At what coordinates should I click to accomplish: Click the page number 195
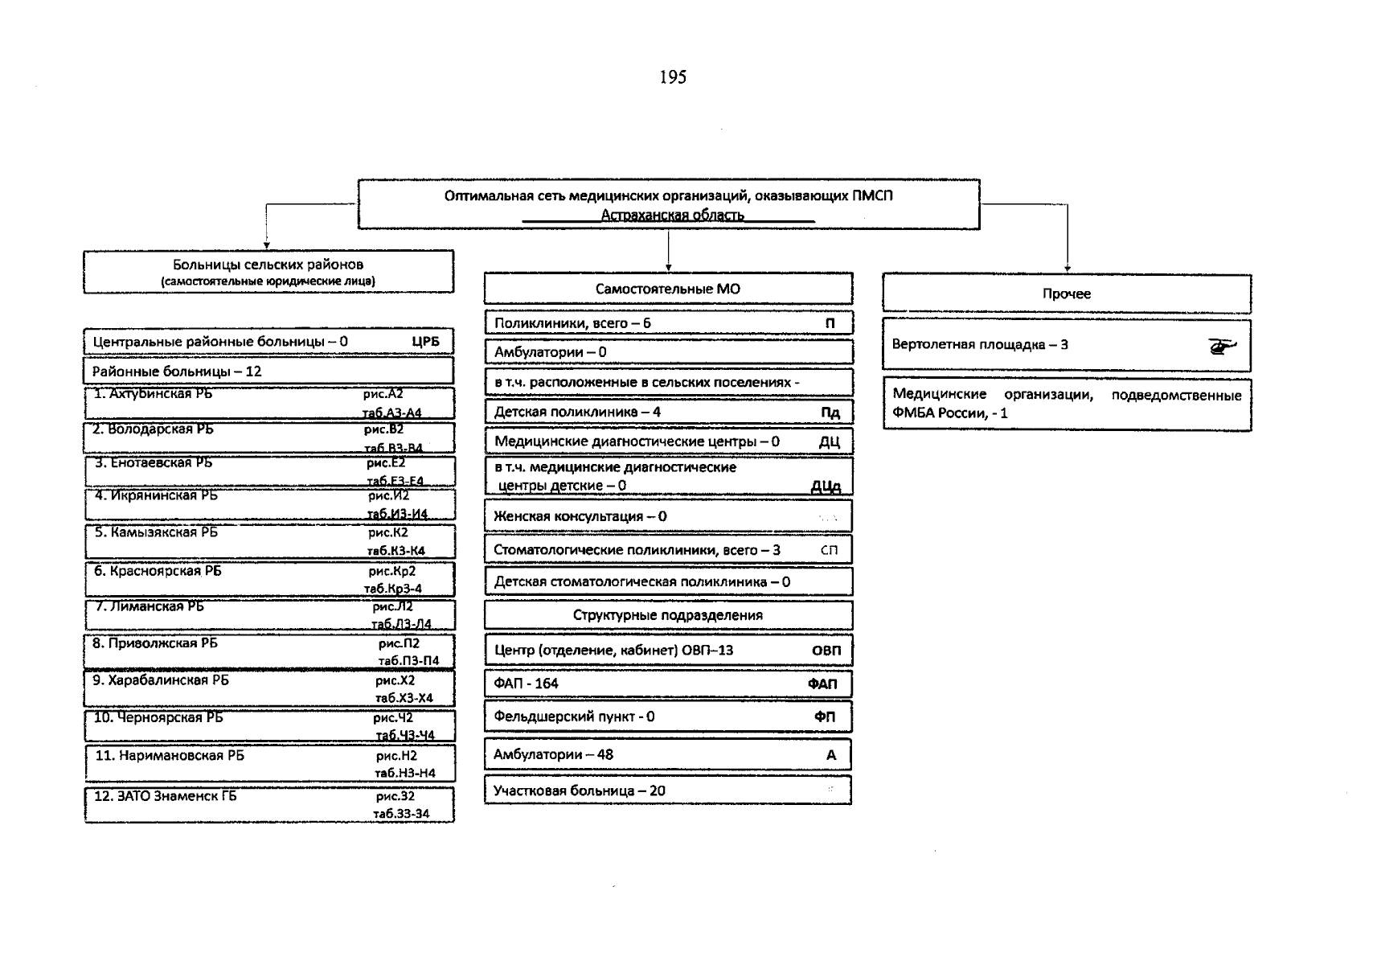point(672,77)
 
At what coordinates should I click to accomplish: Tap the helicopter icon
point(1222,346)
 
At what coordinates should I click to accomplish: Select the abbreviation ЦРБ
point(425,342)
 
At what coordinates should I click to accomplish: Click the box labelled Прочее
point(1066,294)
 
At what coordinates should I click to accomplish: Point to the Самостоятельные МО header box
point(667,289)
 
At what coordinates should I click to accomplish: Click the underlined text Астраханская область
point(672,216)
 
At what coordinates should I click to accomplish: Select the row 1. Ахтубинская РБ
point(153,394)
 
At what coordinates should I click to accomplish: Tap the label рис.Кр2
point(392,571)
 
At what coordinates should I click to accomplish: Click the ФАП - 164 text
point(526,684)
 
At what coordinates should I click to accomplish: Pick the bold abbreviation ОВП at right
point(826,651)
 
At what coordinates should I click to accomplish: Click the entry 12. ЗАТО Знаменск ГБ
point(165,796)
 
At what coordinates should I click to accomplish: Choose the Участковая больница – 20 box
point(667,790)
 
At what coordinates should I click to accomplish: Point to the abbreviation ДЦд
point(826,487)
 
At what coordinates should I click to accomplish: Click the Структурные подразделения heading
point(667,615)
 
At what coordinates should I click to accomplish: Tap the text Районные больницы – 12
point(176,372)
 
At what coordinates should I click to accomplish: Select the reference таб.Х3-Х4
point(404,698)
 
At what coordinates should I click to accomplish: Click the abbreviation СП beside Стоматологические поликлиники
point(829,550)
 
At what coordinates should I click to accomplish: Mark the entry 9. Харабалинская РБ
point(160,680)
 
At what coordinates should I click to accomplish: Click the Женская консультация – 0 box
point(667,516)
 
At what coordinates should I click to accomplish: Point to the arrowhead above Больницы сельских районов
point(266,245)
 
